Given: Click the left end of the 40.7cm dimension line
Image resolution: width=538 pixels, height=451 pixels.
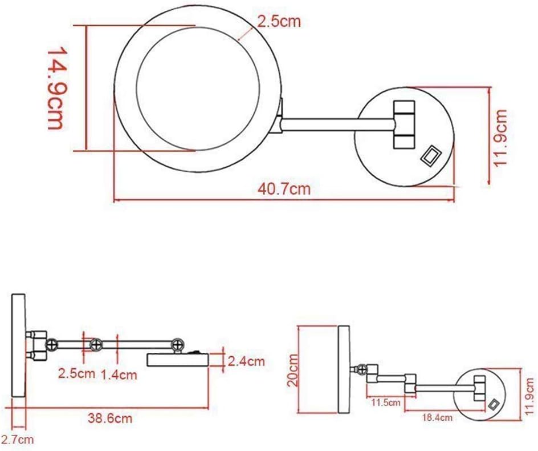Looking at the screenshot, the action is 114,200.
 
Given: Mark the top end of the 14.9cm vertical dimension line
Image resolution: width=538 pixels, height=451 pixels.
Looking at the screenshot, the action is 86,25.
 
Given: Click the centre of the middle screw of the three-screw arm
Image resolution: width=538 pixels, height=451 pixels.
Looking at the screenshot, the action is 96,344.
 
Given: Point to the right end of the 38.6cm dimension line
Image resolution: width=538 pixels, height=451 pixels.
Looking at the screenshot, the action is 209,408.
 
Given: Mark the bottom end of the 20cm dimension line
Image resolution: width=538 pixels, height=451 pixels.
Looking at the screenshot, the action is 299,413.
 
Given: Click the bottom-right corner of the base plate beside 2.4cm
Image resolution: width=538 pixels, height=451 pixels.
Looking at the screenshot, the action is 209,367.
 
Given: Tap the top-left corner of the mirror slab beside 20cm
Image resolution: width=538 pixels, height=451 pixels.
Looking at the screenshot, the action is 339,326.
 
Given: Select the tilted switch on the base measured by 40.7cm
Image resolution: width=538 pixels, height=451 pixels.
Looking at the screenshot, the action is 431,156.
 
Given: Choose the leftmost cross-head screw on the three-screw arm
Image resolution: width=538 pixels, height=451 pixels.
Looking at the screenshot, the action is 51,344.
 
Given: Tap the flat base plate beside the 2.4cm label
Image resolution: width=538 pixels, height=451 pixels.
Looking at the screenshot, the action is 178,360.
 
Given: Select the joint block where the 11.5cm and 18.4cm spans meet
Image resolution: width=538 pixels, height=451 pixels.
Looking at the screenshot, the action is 410,383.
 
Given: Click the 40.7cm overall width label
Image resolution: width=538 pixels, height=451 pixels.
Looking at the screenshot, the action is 284,189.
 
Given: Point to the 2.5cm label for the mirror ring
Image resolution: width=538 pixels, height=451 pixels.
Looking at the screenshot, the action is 279,22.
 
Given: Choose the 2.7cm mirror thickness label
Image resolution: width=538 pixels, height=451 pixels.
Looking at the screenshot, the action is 18,440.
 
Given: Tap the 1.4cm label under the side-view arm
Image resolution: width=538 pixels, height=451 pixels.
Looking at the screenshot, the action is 119,375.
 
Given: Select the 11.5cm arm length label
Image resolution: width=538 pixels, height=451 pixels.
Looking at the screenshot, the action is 386,402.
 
